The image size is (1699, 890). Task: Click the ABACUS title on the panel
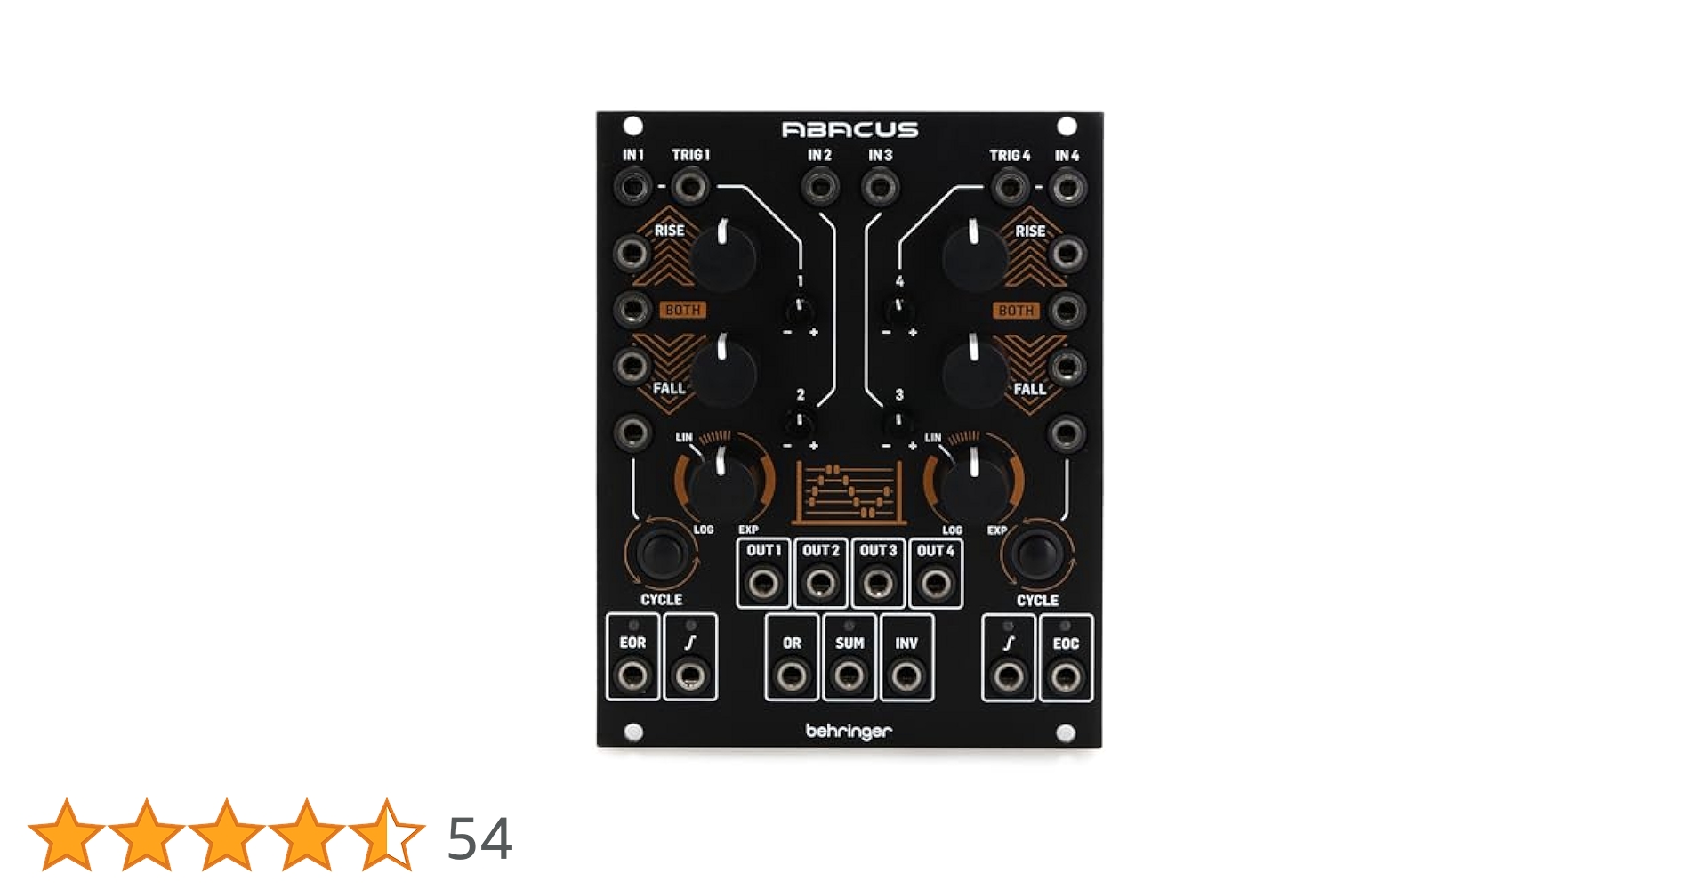[x=849, y=130]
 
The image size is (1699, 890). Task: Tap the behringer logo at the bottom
[x=849, y=732]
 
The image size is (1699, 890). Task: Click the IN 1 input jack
[x=632, y=187]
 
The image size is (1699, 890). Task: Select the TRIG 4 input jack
[x=1010, y=187]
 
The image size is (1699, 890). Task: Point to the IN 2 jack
[x=819, y=187]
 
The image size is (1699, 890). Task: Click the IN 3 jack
[x=880, y=187]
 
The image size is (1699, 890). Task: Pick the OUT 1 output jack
[x=763, y=584]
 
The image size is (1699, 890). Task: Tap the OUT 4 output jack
[x=935, y=584]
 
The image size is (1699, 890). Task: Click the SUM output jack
[x=849, y=676]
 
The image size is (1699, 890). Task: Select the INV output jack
[x=906, y=676]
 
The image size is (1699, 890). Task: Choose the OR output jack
[x=792, y=676]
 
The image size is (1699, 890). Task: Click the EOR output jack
[x=632, y=676]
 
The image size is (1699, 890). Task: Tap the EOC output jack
[x=1065, y=676]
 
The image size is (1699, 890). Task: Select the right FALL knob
[x=974, y=372]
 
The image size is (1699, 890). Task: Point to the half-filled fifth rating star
[x=387, y=835]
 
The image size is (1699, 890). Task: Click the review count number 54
[x=479, y=838]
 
